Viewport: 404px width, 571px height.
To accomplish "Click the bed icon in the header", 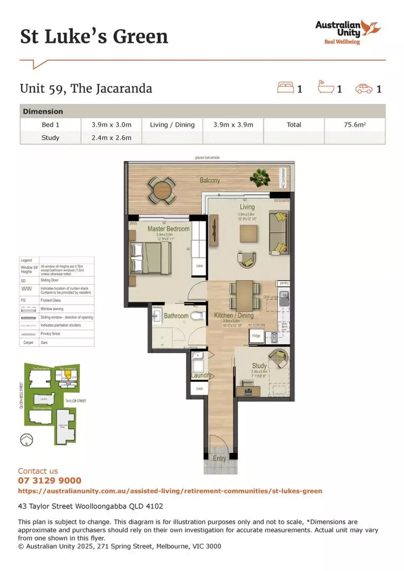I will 286,88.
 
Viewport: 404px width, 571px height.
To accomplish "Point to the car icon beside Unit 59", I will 363,88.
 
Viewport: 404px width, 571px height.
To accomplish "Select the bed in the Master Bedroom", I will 151,260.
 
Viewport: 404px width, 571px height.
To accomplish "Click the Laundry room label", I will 201,375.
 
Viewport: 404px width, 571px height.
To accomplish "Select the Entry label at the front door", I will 219,458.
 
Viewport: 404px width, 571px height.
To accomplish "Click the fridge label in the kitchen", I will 256,336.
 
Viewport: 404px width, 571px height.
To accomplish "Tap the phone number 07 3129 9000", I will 50,481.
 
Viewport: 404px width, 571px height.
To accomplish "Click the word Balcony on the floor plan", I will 210,180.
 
